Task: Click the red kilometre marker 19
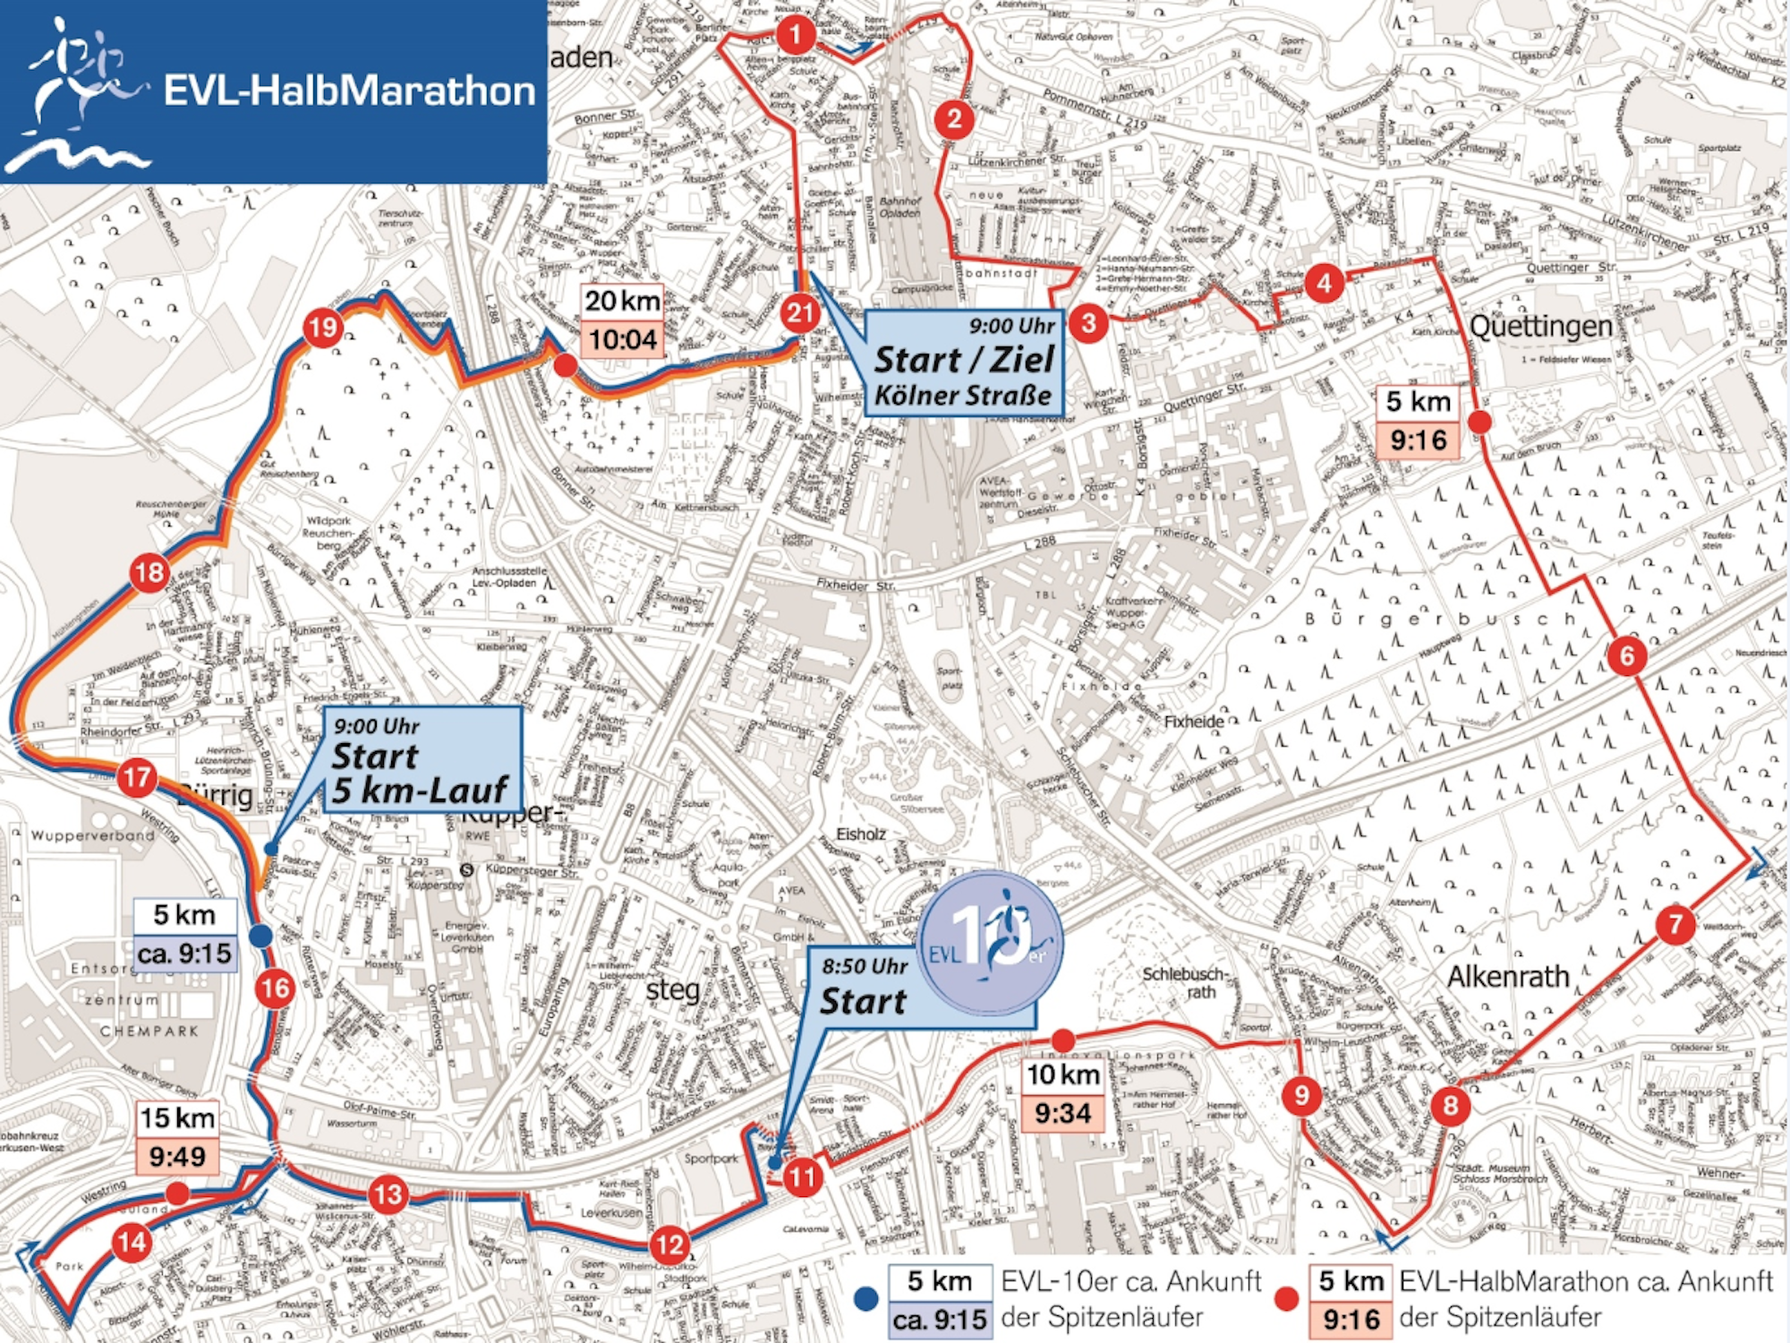coord(322,328)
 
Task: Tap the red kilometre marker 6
coord(1626,655)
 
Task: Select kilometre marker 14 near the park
coord(132,1242)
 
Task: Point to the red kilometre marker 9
coord(1301,1095)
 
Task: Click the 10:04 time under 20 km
coord(623,339)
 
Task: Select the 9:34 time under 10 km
coord(1062,1113)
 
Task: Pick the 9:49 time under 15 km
coord(177,1156)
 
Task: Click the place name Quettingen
coord(1540,327)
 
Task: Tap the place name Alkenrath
coord(1508,976)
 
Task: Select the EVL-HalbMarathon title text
coord(349,91)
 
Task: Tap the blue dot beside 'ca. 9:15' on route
coord(260,937)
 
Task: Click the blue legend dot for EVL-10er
coord(865,1300)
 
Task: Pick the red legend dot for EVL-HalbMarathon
coord(1286,1300)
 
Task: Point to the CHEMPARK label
coord(149,1031)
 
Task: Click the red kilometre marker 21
coord(799,313)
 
